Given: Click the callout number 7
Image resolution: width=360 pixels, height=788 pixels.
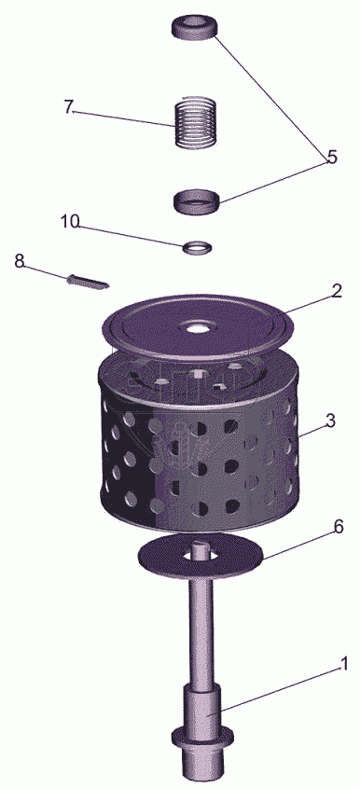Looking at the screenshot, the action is (69, 106).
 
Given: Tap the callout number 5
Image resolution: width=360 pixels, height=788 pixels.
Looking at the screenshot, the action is (331, 157).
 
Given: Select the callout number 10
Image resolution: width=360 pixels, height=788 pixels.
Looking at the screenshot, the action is (70, 222).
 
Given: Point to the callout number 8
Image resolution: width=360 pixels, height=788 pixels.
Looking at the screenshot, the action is (19, 261).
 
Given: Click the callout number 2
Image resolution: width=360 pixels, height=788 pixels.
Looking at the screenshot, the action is (337, 291).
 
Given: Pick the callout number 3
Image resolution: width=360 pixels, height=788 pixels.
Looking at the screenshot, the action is (330, 421).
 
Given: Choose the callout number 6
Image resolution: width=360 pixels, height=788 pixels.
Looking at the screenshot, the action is (339, 527).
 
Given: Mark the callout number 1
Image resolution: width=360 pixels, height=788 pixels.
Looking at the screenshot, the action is (344, 664).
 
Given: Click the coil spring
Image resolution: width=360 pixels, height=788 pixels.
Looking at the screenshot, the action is (196, 122).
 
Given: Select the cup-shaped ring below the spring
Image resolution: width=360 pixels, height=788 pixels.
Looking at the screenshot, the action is (198, 202).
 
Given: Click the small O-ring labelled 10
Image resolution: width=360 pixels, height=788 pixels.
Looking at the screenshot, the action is (197, 247).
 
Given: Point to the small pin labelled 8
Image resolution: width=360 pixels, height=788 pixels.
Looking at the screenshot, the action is (87, 282).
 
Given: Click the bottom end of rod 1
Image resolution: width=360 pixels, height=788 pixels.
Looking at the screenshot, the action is (202, 778).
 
